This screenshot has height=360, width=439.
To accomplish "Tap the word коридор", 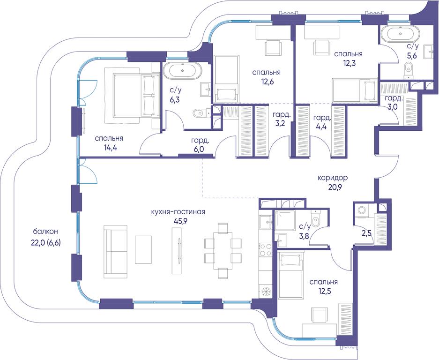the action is [333, 178].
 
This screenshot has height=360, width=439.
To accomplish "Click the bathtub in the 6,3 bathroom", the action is [183, 71].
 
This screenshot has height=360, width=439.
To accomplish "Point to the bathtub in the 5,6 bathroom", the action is [401, 34].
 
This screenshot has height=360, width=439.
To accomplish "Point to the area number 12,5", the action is [324, 291].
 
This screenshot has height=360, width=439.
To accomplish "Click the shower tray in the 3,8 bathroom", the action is [285, 220].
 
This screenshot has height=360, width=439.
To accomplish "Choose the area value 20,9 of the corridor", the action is [333, 187].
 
